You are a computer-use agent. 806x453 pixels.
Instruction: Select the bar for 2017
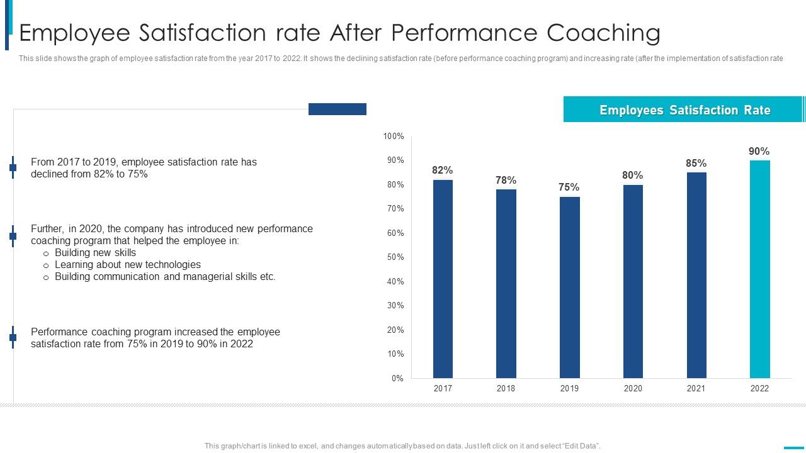click(x=443, y=279)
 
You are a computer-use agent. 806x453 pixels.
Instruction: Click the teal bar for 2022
click(x=759, y=269)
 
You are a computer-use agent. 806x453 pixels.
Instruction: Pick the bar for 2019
click(x=569, y=288)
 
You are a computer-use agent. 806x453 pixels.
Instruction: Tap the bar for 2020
click(x=633, y=281)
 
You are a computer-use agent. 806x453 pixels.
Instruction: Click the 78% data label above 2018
click(x=506, y=180)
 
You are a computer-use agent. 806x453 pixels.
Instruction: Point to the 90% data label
click(x=759, y=151)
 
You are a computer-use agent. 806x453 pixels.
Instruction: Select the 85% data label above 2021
click(x=696, y=163)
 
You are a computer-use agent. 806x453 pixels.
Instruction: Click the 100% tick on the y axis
click(x=394, y=137)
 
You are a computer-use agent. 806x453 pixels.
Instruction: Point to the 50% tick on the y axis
click(x=395, y=257)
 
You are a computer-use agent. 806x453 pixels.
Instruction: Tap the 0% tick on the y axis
click(x=397, y=378)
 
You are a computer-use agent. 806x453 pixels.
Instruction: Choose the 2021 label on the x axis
click(x=696, y=388)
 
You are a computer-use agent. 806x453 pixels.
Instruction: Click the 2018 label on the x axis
click(x=506, y=388)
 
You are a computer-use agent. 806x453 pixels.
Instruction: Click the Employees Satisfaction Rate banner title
click(x=684, y=110)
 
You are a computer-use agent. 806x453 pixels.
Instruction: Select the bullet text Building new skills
click(x=95, y=252)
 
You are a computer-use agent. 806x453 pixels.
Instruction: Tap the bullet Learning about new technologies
click(x=128, y=264)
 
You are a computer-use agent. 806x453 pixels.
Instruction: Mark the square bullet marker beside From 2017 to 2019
click(x=13, y=167)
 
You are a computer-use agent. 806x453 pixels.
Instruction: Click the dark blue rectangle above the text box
click(x=337, y=109)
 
